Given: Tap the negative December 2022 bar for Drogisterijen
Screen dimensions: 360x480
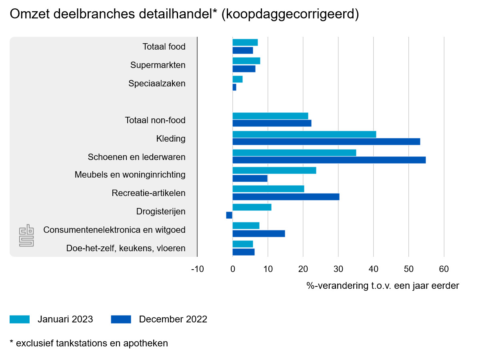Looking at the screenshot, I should [229, 215].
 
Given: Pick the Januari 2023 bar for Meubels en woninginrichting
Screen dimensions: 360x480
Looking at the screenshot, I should [274, 170].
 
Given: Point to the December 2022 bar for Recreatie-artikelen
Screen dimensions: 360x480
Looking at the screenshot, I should [286, 197].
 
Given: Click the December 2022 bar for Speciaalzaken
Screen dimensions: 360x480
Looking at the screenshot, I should [234, 87].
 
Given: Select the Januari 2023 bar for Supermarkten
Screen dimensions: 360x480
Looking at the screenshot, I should [246, 61].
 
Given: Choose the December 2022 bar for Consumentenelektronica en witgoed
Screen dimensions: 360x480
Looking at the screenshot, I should [258, 234].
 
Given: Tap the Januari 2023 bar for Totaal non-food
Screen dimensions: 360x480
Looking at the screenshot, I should [270, 116].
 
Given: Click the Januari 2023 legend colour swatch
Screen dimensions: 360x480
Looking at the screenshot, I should [20, 319].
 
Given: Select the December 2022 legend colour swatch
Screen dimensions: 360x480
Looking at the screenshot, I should [121, 319].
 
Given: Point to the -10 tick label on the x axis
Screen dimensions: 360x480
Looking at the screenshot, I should [197, 269].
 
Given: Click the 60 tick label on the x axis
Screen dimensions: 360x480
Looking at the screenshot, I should [444, 269].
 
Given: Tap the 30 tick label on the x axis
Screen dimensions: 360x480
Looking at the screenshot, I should [338, 269].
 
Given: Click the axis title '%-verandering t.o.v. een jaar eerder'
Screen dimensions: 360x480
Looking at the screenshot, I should [383, 286].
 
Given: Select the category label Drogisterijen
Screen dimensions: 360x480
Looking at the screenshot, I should [161, 212].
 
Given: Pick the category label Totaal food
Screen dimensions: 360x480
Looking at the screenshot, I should [164, 47].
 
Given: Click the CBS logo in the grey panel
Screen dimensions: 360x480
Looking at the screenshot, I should [27, 236].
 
